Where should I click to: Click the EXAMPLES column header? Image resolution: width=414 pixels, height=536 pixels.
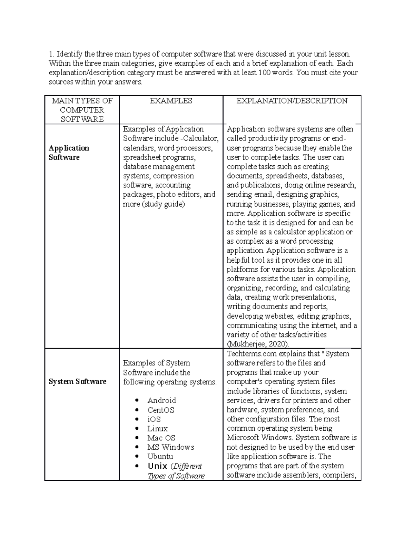click(x=171, y=101)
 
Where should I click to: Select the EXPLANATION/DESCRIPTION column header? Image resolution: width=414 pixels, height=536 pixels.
click(x=292, y=101)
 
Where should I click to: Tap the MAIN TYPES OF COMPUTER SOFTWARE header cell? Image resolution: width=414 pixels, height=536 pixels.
click(x=82, y=110)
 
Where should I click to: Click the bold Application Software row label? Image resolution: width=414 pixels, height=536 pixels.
click(x=69, y=153)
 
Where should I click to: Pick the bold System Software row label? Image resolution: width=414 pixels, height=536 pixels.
click(x=77, y=381)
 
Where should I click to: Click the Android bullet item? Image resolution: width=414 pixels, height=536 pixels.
click(x=161, y=400)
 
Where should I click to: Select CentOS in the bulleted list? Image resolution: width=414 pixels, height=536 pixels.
click(x=161, y=410)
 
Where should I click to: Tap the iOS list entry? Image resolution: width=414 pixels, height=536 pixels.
click(x=154, y=419)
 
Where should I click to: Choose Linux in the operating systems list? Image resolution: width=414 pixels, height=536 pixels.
click(x=157, y=429)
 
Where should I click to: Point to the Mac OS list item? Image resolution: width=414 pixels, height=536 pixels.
click(x=161, y=438)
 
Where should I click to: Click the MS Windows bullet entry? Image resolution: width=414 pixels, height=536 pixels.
click(x=170, y=447)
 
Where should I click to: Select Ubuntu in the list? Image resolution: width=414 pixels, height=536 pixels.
click(x=160, y=457)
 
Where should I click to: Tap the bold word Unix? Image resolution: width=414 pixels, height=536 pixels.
click(x=157, y=466)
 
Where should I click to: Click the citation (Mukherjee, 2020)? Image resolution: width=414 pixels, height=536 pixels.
click(x=258, y=344)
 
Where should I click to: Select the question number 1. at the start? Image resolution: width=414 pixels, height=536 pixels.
click(x=51, y=54)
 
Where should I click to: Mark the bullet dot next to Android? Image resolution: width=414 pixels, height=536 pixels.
click(x=137, y=400)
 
